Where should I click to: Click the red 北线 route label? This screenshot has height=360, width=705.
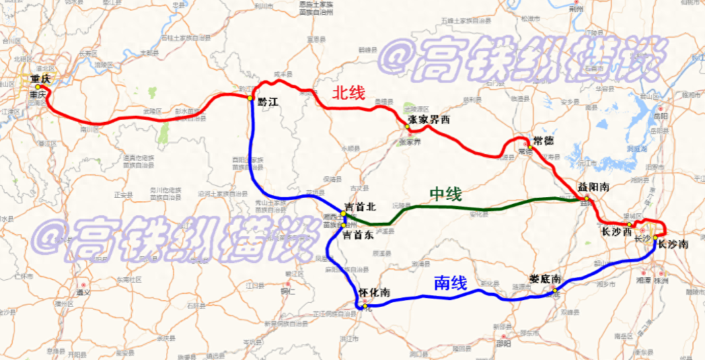tap(348, 94)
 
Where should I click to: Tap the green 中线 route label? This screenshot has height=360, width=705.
tap(446, 195)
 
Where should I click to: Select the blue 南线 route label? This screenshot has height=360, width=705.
tap(450, 284)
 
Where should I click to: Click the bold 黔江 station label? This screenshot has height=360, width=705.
tap(267, 102)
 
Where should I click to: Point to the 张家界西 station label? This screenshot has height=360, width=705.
tap(429, 120)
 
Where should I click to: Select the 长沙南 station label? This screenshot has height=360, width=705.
tap(673, 245)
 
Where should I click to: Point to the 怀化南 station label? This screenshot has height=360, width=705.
tap(375, 293)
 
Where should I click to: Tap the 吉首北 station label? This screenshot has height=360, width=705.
tap(360, 207)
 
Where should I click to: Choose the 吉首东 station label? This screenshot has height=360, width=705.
tap(359, 236)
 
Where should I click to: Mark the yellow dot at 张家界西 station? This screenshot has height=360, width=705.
tap(408, 127)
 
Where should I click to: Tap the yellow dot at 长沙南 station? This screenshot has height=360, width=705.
tap(655, 238)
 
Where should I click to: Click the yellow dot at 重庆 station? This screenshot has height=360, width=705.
tap(38, 87)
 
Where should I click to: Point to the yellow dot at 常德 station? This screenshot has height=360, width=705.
tap(529, 147)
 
